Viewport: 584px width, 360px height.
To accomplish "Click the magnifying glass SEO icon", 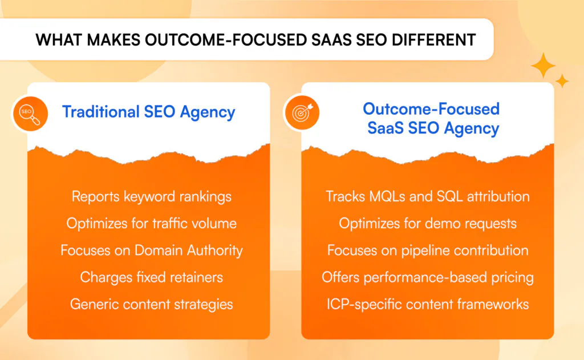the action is click(x=30, y=114).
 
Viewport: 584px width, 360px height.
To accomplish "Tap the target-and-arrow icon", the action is click(x=302, y=112).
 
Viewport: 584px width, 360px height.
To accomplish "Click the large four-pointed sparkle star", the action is click(x=543, y=65).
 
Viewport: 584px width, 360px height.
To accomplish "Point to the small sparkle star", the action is click(x=562, y=81).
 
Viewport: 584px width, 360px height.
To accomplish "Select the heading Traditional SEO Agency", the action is click(x=149, y=112).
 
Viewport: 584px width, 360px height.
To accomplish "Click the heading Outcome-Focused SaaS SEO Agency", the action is click(x=432, y=119).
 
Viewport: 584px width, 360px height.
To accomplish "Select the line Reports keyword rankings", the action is click(x=152, y=197).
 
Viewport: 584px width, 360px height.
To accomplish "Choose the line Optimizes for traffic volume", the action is click(x=152, y=224).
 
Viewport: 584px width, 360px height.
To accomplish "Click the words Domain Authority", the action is click(x=188, y=250).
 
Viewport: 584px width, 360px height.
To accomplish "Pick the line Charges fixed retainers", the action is click(x=152, y=277).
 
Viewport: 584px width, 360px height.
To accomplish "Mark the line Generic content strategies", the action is click(x=152, y=305).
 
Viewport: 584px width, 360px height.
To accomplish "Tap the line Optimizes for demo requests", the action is click(x=428, y=224).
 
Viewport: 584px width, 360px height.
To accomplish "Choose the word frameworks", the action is click(x=493, y=304).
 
